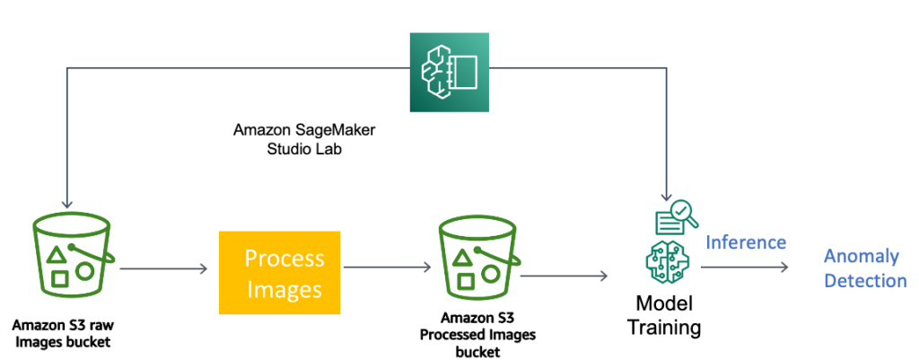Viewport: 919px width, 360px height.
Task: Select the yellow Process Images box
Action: point(280,273)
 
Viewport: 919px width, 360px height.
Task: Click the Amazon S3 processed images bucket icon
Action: point(477,259)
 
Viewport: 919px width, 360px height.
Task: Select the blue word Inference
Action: point(746,242)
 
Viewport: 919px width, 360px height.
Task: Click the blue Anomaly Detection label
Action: point(865,268)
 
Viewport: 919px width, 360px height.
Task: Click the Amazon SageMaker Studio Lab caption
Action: point(303,140)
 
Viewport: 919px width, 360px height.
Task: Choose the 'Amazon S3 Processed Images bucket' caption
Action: point(477,335)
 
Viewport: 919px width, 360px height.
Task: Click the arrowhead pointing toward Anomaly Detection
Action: point(783,268)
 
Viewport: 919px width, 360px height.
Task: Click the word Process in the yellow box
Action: point(284,259)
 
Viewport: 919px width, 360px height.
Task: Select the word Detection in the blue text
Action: point(865,281)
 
